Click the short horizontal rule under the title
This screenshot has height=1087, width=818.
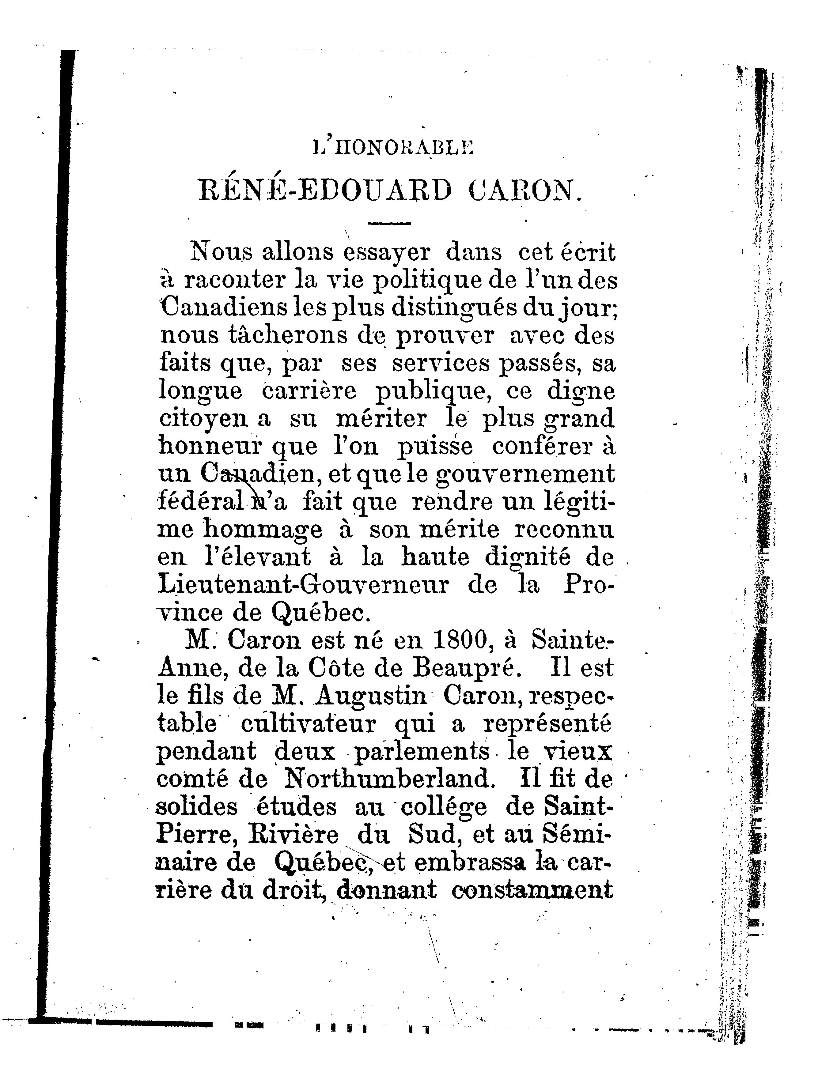coord(389,225)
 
